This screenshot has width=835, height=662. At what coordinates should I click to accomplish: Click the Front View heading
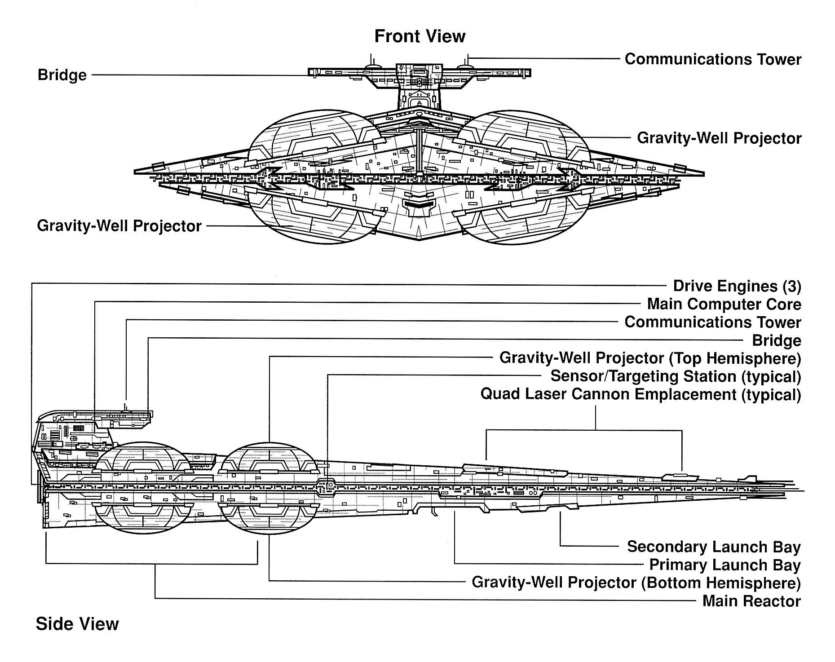coord(420,36)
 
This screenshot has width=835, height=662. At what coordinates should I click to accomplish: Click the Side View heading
coord(77,624)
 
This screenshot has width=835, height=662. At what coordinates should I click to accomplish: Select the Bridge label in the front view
coord(62,75)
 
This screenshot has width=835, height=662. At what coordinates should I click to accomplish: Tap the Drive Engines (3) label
coord(737,286)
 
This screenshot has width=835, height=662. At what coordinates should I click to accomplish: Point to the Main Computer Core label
coord(724,304)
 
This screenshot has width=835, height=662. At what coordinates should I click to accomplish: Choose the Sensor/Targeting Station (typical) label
coord(676,376)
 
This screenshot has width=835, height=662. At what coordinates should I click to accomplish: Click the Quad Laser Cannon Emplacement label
coord(641,394)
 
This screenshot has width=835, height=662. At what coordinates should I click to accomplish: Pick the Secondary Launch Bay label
coord(714,547)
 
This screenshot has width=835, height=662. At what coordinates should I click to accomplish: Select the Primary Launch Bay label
coord(725,565)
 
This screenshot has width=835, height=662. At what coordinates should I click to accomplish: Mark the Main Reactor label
coord(751,601)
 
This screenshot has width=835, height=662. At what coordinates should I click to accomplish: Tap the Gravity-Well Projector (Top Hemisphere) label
coord(650,358)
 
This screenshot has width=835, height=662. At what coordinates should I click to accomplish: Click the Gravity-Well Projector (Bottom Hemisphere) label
coord(636,583)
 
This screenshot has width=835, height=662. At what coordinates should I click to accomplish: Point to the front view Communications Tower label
coord(713,59)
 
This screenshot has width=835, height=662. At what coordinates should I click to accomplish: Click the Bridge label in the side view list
coord(777,340)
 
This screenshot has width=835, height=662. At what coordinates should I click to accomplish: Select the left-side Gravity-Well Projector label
coord(119,225)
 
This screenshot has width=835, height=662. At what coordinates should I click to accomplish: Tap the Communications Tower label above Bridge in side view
coord(713,322)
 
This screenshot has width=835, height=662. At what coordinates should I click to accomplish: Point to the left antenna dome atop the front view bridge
coord(371,66)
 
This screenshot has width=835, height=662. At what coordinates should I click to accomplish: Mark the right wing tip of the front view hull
coord(702,173)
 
